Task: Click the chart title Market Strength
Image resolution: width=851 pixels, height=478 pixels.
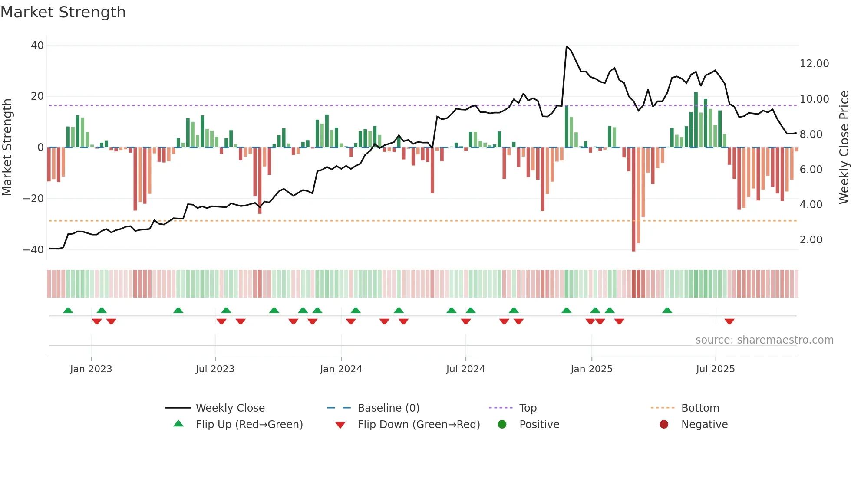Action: click(x=63, y=12)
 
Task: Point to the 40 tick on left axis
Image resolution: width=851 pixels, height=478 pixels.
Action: click(x=37, y=46)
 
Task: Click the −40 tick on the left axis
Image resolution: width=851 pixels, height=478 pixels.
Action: click(x=33, y=250)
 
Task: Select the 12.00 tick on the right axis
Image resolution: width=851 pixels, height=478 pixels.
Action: click(x=814, y=64)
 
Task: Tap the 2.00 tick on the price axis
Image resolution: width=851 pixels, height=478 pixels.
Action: click(x=811, y=240)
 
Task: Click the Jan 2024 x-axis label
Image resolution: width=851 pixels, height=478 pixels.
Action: click(x=341, y=369)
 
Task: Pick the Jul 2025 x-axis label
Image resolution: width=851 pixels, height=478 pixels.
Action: click(x=715, y=369)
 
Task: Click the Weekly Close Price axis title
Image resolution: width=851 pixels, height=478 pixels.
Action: click(x=844, y=147)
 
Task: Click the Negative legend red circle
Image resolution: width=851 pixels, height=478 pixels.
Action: click(x=664, y=424)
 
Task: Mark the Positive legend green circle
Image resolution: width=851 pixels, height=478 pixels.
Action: click(x=502, y=424)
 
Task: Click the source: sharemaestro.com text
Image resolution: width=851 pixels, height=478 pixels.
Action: click(x=764, y=340)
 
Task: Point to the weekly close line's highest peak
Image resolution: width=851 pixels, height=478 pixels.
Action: click(x=567, y=46)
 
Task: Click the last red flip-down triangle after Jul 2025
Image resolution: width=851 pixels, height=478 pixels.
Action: click(x=729, y=321)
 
